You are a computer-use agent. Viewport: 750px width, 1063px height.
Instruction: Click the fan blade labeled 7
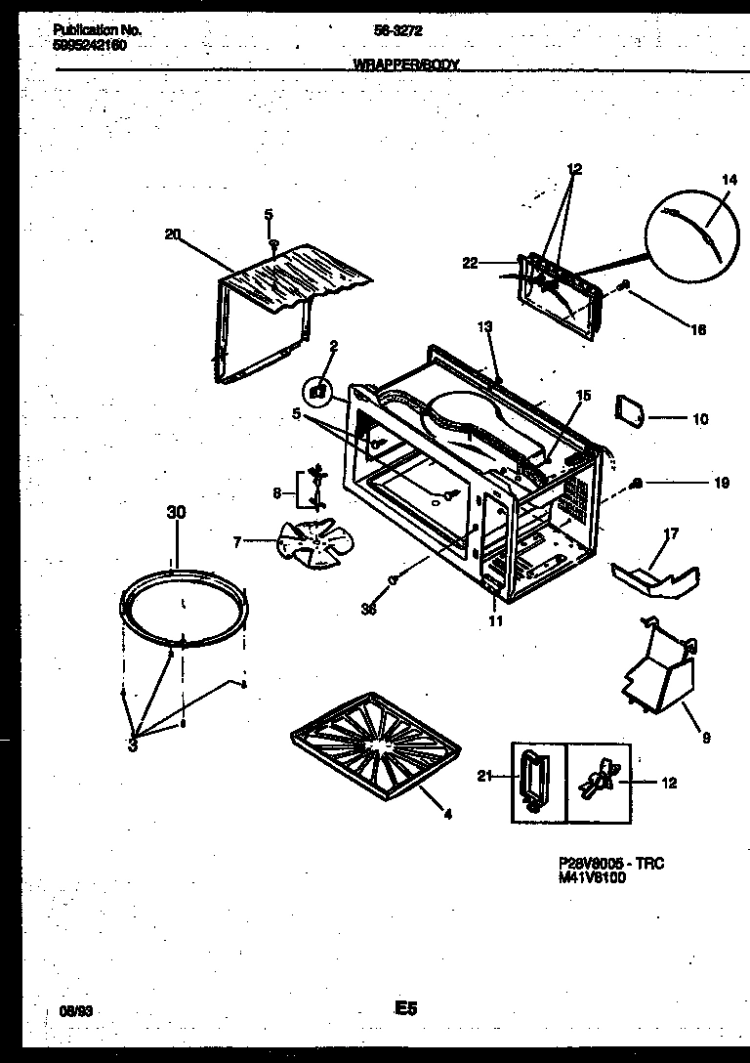[306, 543]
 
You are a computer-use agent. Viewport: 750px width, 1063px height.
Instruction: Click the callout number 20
[173, 233]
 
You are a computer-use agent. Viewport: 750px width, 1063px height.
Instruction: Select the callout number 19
[722, 482]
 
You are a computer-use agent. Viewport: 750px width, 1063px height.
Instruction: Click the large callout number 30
[176, 512]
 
